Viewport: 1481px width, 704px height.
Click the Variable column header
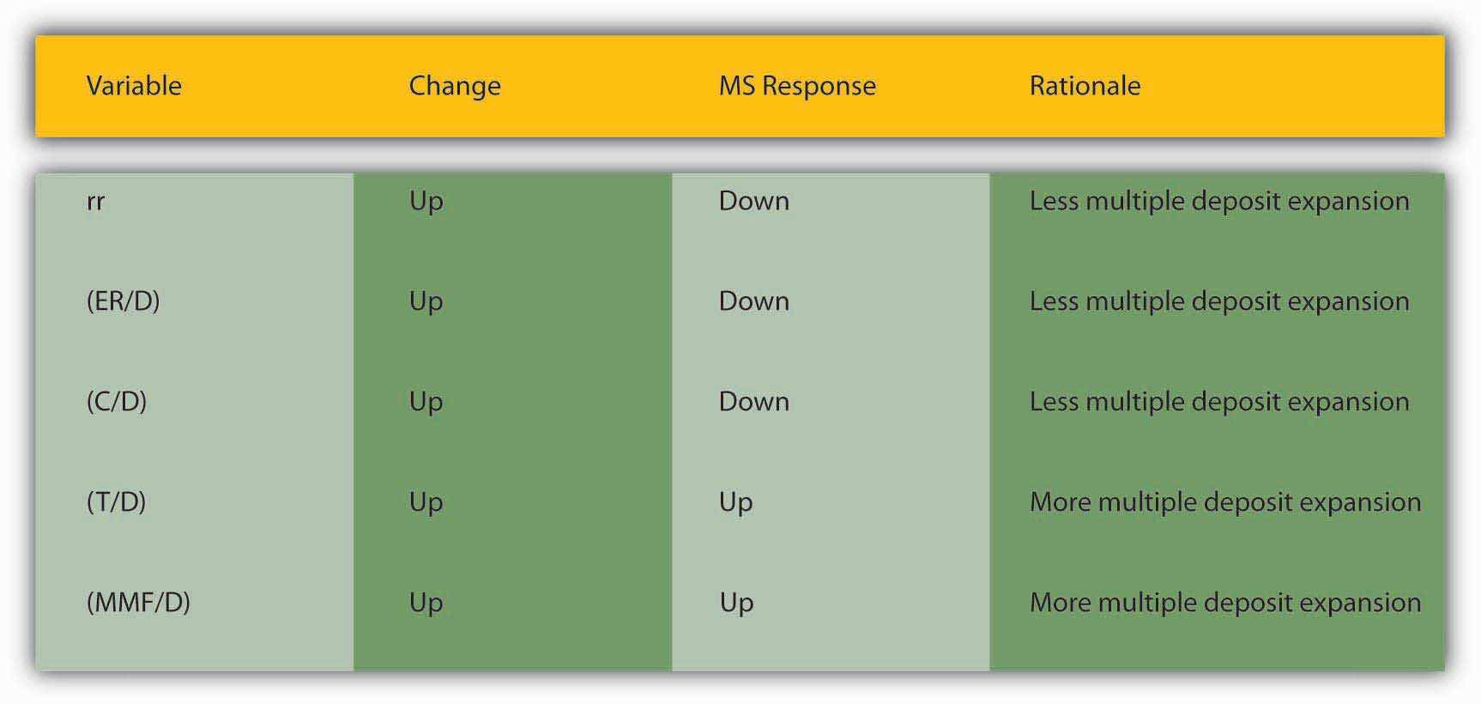pyautogui.click(x=134, y=86)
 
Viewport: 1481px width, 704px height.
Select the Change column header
pyautogui.click(x=455, y=87)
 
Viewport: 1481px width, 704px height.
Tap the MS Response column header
pyautogui.click(x=797, y=87)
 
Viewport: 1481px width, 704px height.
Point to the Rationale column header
pyautogui.click(x=1085, y=86)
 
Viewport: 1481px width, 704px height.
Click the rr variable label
pyautogui.click(x=95, y=202)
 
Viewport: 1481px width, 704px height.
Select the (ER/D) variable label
pyautogui.click(x=123, y=301)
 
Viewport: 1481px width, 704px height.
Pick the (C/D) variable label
pyautogui.click(x=117, y=402)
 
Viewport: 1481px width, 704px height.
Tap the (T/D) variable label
pyautogui.click(x=116, y=502)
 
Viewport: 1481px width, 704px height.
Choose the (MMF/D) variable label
pyautogui.click(x=138, y=603)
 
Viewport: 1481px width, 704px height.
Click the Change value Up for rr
pyautogui.click(x=426, y=202)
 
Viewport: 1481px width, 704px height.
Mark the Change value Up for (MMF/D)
pyautogui.click(x=426, y=604)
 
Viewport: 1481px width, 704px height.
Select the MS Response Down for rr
pyautogui.click(x=754, y=201)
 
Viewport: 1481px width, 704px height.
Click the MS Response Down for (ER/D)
pyautogui.click(x=754, y=301)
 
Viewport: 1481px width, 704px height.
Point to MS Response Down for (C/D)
pyautogui.click(x=754, y=402)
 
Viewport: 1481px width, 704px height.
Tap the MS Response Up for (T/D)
pyautogui.click(x=736, y=503)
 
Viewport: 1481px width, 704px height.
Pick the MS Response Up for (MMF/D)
pyautogui.click(x=736, y=604)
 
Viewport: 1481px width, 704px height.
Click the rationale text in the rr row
pyautogui.click(x=1219, y=202)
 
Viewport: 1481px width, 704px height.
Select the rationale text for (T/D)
pyautogui.click(x=1225, y=503)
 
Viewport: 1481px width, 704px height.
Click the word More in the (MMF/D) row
pyautogui.click(x=1060, y=603)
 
